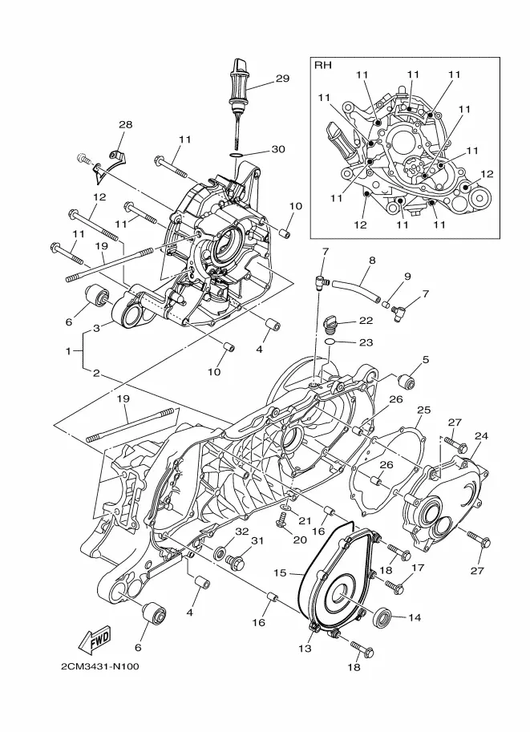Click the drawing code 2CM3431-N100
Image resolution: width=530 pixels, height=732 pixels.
[x=100, y=666]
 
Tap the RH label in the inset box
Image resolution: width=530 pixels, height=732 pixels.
[x=322, y=66]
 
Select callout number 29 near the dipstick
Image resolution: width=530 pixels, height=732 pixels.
[x=282, y=78]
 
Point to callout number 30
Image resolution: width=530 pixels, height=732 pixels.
[x=277, y=149]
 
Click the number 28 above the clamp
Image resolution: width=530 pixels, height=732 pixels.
[x=125, y=124]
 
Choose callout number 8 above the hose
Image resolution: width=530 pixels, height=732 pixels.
[x=372, y=261]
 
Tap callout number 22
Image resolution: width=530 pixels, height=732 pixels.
[x=366, y=321]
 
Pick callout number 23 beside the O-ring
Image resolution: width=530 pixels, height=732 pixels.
[x=366, y=342]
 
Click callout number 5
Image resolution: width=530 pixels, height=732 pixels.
[x=426, y=359]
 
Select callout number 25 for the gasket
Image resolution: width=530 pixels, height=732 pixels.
[x=423, y=410]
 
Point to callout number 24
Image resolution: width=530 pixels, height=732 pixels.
[x=481, y=435]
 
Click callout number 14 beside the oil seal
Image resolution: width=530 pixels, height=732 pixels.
[x=415, y=617]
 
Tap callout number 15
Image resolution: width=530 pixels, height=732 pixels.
[x=280, y=572]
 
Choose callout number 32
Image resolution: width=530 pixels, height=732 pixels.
[x=241, y=532]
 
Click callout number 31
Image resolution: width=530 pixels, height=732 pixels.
[x=257, y=540]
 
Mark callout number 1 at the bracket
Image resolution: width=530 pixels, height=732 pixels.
[x=68, y=350]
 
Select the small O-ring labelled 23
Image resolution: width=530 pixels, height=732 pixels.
[x=330, y=342]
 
